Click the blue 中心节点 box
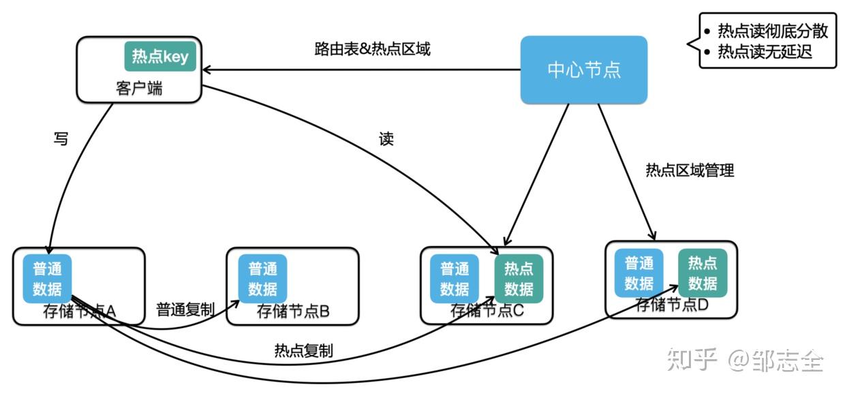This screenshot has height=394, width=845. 583,70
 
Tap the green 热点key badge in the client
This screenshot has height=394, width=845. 160,56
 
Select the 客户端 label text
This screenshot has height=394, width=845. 140,88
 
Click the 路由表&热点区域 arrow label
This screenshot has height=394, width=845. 372,49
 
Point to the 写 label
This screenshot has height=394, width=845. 61,139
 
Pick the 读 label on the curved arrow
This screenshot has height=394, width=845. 386,139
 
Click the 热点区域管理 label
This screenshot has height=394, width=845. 690,170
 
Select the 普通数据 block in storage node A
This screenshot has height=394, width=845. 47,278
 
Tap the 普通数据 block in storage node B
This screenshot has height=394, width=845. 262,278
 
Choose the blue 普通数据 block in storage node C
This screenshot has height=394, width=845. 455,278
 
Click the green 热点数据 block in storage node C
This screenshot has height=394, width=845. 519,279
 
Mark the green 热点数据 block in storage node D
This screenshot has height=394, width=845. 703,273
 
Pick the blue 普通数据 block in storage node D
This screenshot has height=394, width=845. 639,273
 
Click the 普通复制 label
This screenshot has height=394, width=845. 185,309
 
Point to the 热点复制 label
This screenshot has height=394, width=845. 303,351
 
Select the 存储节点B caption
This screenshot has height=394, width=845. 293,312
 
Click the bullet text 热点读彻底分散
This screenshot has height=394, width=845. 772,31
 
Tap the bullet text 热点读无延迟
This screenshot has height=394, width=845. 765,52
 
